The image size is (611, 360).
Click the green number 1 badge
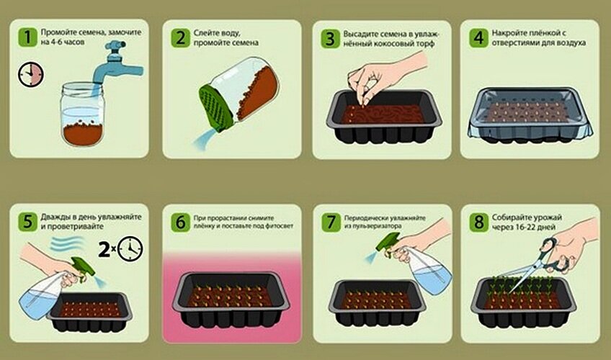point(27,37)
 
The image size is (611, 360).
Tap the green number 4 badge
point(478,38)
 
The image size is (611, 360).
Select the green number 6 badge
point(180,222)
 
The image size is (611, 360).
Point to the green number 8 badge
point(479,222)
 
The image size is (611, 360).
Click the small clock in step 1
point(31,74)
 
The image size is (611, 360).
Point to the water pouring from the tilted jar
point(205,140)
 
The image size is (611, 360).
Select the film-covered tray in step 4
point(530,115)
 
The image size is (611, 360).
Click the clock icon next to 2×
point(130,248)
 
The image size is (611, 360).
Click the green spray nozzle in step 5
point(84,268)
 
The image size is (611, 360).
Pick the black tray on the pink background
point(231,299)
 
